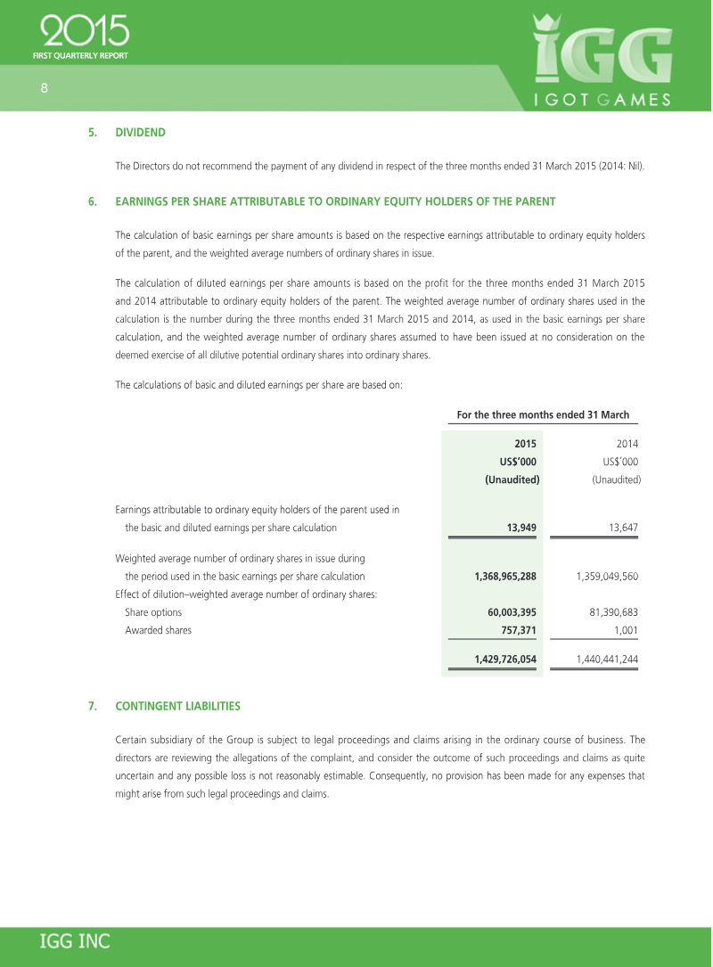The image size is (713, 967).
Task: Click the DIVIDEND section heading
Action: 140,133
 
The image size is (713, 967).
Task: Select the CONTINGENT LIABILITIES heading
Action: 177,706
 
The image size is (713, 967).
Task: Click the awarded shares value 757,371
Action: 516,630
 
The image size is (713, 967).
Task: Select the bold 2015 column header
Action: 525,443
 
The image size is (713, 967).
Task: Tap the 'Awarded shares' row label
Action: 158,630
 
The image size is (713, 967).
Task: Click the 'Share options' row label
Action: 153,612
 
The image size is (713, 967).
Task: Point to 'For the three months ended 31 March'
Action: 543,414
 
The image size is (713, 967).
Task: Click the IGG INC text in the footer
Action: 75,942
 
